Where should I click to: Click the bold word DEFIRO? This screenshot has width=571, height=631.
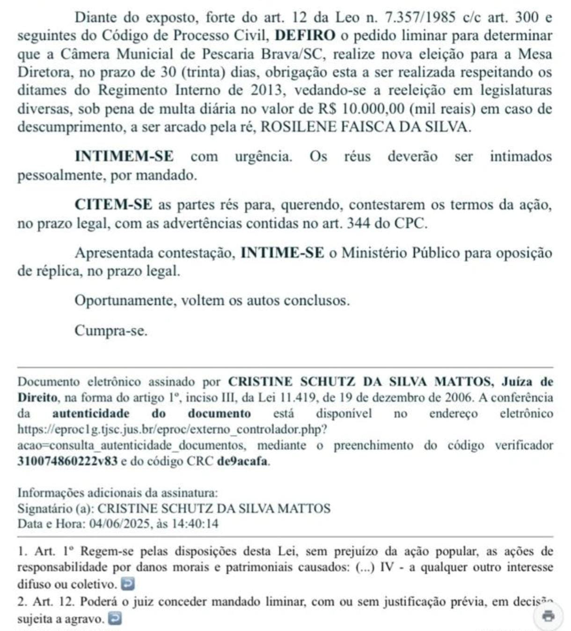pos(305,36)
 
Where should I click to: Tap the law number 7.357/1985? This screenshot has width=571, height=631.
pos(420,17)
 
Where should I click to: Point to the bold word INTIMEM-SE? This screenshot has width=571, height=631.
pos(124,156)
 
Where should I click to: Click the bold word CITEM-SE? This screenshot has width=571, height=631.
pos(114,205)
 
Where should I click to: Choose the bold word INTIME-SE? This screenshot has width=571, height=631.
pos(282,252)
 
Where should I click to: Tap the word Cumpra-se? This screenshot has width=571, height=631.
pos(111,331)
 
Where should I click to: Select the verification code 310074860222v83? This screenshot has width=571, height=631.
pos(67,461)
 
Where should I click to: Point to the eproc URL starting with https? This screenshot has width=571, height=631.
pos(172,429)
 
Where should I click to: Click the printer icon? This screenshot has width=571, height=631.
pos(549,615)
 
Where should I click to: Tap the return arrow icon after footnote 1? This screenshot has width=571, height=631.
pos(128,584)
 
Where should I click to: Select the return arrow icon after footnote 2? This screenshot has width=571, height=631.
pos(115,619)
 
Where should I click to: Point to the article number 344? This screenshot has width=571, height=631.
pos(359,223)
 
